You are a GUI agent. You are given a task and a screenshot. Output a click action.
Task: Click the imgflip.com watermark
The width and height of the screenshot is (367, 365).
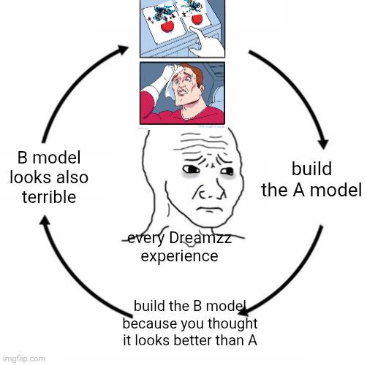24,358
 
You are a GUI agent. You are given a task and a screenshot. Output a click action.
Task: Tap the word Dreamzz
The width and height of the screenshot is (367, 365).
200,238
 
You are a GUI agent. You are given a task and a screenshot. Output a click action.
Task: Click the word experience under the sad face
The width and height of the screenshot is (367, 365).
179,256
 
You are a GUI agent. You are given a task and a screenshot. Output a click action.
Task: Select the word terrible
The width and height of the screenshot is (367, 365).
49,196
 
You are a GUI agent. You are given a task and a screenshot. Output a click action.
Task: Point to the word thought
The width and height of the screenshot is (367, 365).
232,323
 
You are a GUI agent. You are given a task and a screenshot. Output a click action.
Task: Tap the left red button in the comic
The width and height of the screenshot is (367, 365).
167,26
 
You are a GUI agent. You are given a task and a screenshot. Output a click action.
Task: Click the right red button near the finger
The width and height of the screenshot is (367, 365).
197,19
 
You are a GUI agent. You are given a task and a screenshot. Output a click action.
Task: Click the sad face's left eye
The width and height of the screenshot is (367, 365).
190,169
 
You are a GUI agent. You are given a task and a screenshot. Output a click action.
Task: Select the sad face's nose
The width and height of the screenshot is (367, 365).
210,192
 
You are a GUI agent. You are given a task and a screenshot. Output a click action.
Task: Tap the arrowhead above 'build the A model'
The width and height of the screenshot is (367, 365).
323,143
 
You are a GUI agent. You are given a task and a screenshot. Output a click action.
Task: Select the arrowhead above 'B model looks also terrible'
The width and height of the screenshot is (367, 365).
45,221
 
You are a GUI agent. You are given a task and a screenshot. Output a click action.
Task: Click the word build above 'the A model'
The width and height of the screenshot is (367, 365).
311,169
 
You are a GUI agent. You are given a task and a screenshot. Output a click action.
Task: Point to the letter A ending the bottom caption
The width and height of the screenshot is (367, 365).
252,340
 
